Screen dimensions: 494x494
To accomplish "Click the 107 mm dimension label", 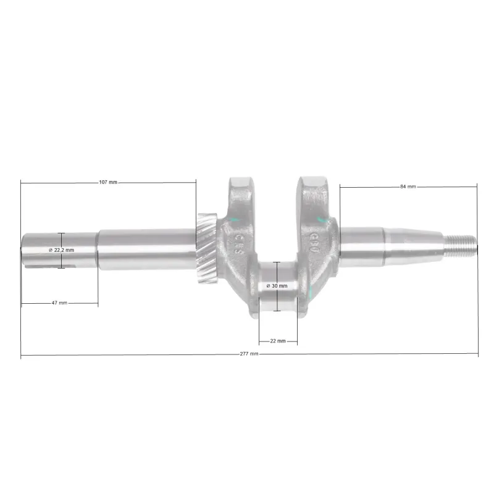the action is click(x=108, y=182).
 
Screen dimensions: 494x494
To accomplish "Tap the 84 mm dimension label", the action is click(x=408, y=186).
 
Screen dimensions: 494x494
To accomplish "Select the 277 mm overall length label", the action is click(x=249, y=354).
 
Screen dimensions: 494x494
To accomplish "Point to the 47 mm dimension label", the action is click(x=59, y=303).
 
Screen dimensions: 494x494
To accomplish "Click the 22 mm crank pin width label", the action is click(x=278, y=341).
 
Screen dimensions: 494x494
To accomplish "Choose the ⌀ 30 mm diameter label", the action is click(x=277, y=286).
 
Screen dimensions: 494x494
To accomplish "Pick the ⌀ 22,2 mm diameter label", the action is click(x=61, y=250).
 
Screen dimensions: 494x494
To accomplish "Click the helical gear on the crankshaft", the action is click(x=207, y=248).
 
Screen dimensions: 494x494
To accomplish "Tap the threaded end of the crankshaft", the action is click(x=460, y=245).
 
